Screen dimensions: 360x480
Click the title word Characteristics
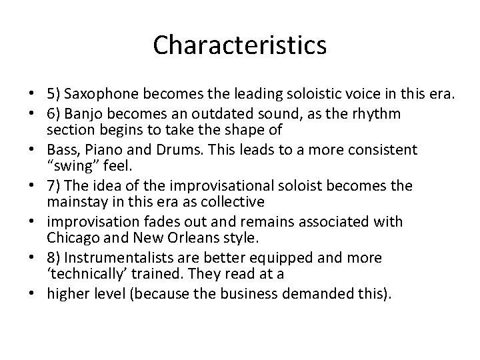(239, 45)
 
